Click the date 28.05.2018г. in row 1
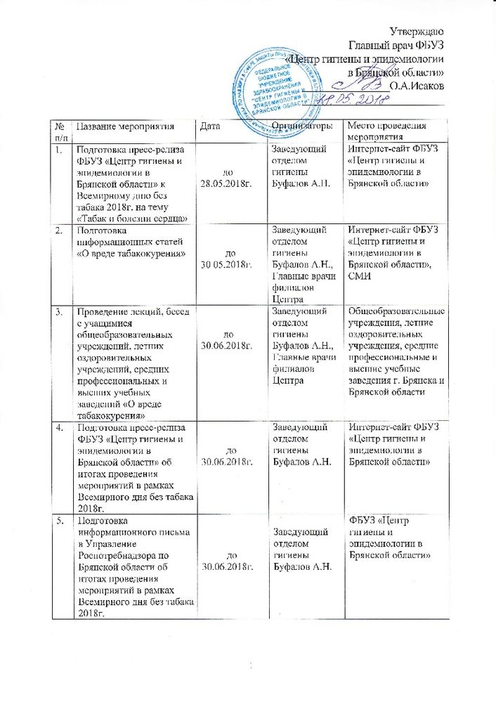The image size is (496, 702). click(x=225, y=183)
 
